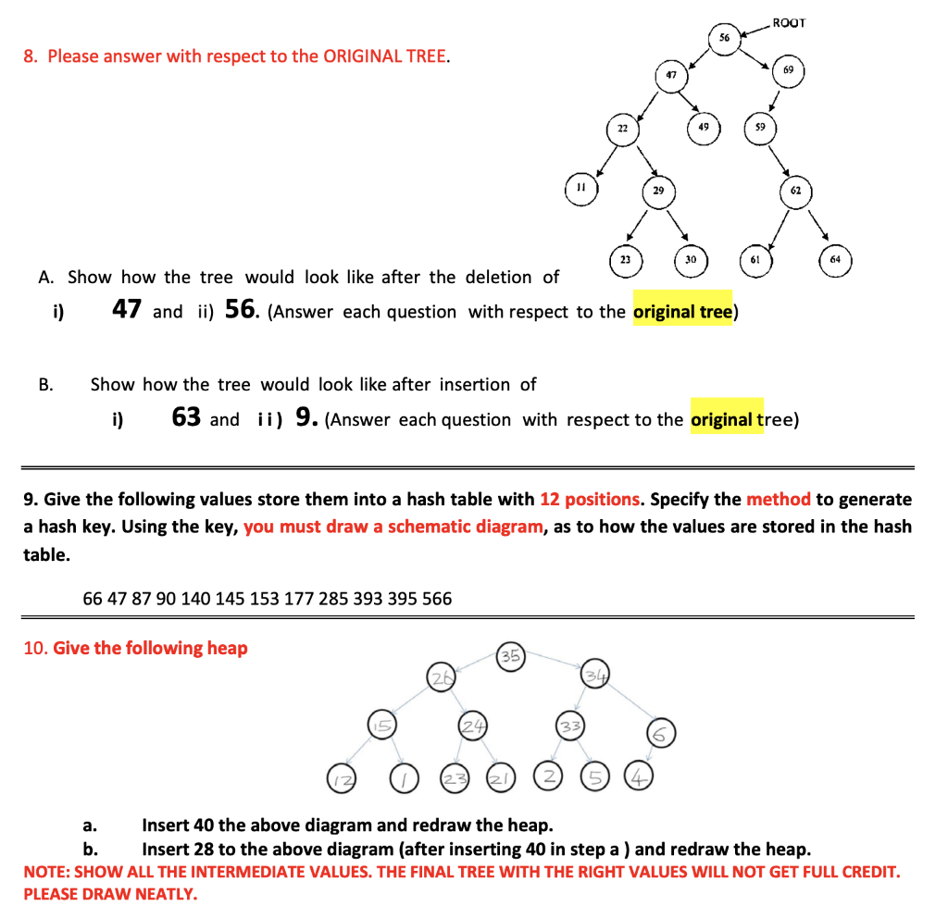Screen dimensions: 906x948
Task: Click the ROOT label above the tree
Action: click(789, 22)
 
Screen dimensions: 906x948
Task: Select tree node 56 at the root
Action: click(724, 38)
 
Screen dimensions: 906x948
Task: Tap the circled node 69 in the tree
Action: click(788, 71)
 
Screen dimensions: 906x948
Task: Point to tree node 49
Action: click(704, 126)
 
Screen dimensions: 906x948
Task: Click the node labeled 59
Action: click(760, 126)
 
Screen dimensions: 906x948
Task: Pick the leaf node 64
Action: click(835, 259)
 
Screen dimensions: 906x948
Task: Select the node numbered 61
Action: click(755, 260)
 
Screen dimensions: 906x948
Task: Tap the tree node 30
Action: click(691, 260)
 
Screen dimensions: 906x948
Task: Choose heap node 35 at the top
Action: click(510, 657)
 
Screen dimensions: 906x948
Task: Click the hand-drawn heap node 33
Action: click(570, 726)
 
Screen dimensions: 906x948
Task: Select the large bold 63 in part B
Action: click(186, 417)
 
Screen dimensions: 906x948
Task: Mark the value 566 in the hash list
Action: click(436, 599)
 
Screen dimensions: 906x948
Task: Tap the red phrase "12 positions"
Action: click(590, 500)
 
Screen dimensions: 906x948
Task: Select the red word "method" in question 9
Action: click(778, 500)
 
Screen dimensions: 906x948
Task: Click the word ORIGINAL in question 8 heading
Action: click(366, 56)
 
